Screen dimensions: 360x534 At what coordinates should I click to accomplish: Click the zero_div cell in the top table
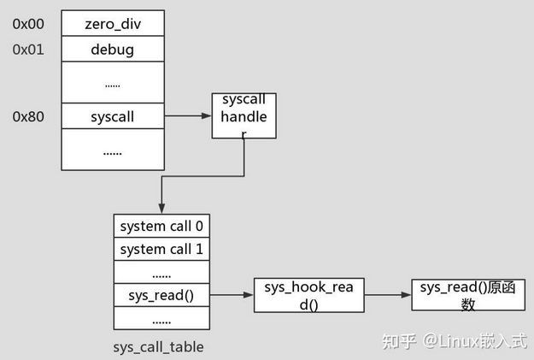point(112,24)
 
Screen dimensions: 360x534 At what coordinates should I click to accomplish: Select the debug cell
point(112,50)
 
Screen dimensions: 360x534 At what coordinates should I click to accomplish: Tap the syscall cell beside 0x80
point(112,116)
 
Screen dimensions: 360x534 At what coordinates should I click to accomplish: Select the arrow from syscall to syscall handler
point(187,116)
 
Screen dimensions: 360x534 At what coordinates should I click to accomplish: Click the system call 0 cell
point(161,227)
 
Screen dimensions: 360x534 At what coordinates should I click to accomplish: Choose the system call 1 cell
point(161,250)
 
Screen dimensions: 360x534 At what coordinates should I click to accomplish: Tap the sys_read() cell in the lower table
point(161,296)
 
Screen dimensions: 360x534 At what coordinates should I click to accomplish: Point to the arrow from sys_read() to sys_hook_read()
point(232,296)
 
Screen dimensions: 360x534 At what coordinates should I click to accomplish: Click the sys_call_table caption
point(158,347)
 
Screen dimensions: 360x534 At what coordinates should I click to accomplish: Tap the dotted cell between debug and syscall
point(112,84)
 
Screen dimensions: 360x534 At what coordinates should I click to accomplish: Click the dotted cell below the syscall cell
point(112,150)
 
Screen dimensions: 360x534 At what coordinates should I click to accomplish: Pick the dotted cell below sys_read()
point(161,319)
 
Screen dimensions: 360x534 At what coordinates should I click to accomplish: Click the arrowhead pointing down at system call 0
point(161,209)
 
